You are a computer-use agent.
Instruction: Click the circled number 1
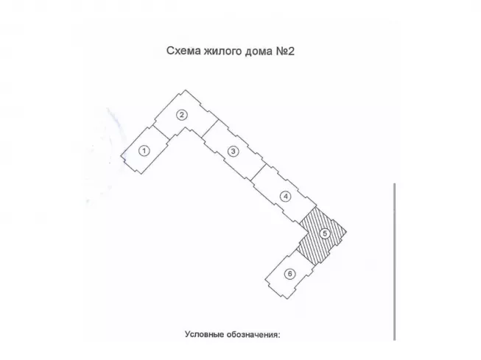coord(144,150)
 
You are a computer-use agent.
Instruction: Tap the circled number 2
coord(180,114)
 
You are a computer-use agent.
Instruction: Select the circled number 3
coord(233,152)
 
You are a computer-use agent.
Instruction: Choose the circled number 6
coord(289,274)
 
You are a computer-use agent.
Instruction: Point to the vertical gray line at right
coord(395,261)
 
